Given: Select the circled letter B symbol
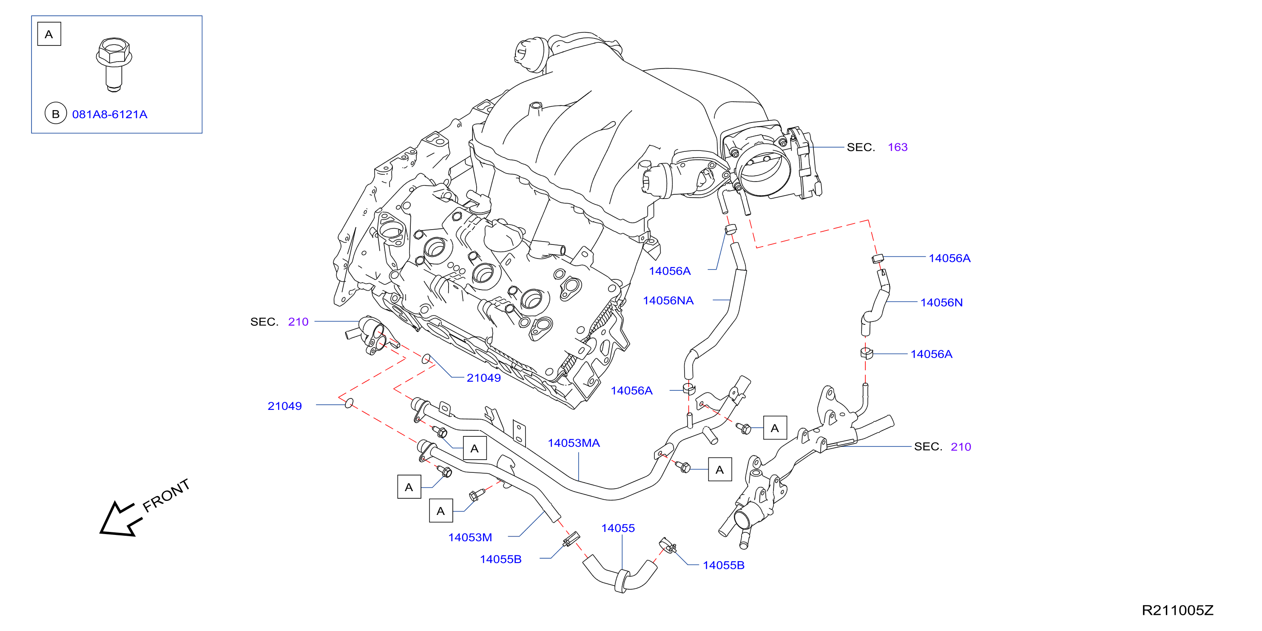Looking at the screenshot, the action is point(55,114).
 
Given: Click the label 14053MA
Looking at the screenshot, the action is point(574,443).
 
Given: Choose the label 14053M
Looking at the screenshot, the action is point(470,537).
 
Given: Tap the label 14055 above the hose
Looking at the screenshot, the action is point(618,528).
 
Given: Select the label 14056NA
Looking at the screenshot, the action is point(668,300).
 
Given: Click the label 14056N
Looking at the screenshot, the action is point(941,302).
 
